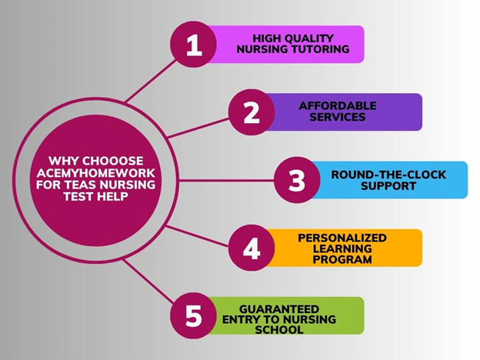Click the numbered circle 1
194,45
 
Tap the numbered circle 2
252,112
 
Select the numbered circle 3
297,180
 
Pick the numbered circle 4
252,248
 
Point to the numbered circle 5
194,315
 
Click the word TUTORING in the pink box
319,49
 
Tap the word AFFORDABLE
338,106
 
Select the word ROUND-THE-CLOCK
388,175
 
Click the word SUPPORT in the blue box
388,186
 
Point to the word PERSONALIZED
342,238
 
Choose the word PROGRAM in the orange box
342,259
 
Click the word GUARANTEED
279,309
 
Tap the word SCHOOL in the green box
279,330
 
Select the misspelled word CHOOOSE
113,161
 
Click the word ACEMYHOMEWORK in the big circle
96,173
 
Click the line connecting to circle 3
226,180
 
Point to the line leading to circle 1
152,81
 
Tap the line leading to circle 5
148,281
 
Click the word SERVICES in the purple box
338,117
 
